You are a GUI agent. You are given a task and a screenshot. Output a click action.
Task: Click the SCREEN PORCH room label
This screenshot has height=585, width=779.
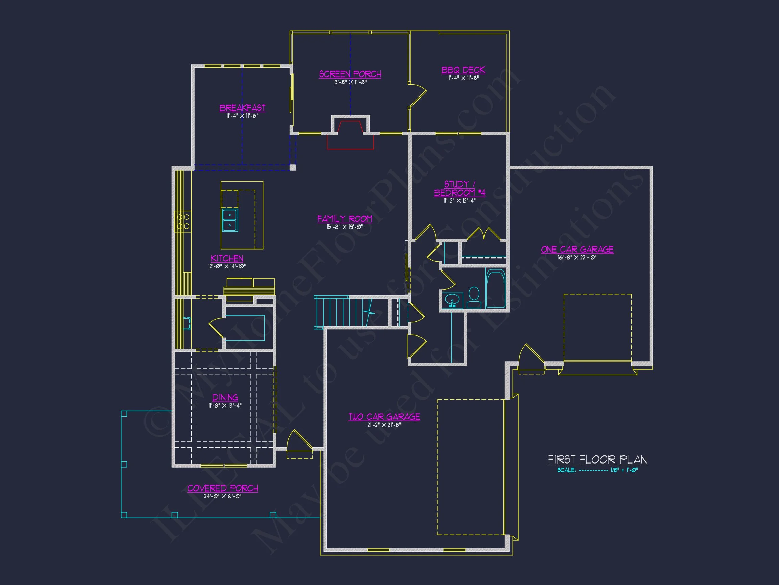tap(350, 74)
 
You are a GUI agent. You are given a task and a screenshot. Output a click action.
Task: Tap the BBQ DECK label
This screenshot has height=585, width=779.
tap(463, 70)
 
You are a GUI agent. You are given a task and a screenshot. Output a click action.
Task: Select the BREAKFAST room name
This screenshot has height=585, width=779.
tap(242, 108)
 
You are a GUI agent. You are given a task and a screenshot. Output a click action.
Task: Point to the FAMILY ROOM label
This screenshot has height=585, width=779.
tap(345, 219)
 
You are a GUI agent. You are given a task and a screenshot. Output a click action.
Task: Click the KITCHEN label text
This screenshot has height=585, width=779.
tap(227, 258)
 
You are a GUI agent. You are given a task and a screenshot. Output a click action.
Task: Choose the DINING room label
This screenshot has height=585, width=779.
tap(225, 397)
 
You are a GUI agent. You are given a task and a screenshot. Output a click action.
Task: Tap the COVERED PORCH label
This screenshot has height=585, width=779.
tap(222, 489)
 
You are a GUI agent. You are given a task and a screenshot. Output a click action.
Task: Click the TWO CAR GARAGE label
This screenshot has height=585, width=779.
tap(384, 417)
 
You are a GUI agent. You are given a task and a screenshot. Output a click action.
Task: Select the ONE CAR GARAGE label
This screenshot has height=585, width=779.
tap(577, 250)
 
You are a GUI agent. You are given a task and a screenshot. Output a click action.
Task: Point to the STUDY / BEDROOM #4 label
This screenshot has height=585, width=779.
tap(459, 189)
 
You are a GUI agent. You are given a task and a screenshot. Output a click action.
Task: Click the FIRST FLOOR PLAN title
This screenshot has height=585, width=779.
tap(597, 460)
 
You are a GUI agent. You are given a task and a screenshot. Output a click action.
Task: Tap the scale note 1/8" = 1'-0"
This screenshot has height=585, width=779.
tap(624, 470)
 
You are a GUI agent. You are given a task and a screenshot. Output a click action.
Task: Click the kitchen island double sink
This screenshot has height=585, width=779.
tap(230, 220)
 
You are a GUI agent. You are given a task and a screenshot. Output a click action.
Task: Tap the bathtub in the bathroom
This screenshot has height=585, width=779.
tap(496, 288)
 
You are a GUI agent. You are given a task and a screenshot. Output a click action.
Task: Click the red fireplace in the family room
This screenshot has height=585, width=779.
tap(350, 135)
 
